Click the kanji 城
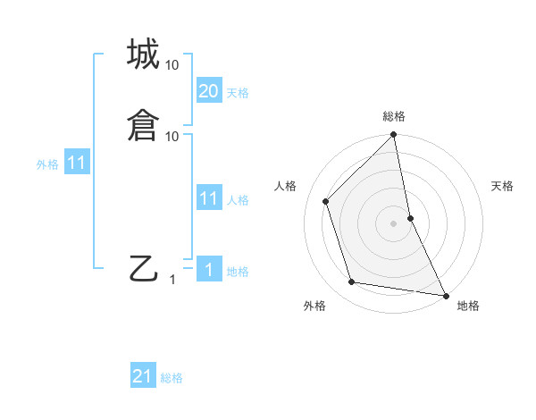[x=143, y=55]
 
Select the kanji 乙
[x=143, y=268]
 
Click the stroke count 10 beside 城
[x=172, y=65]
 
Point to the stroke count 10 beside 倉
[x=172, y=136]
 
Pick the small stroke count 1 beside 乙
[x=172, y=280]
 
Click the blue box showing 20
[x=208, y=91]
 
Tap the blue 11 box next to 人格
[x=208, y=198]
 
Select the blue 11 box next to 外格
[x=77, y=164]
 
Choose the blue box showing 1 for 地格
[x=208, y=270]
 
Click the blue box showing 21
[x=143, y=376]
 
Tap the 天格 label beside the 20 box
[x=238, y=93]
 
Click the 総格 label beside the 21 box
[x=172, y=378]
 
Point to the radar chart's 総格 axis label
[x=394, y=116]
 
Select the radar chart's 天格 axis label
[x=503, y=186]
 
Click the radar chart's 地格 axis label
[x=468, y=306]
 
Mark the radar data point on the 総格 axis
[x=394, y=136]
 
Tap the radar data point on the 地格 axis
[x=445, y=295]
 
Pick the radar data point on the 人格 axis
[x=326, y=201]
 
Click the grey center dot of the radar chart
[x=394, y=223]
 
